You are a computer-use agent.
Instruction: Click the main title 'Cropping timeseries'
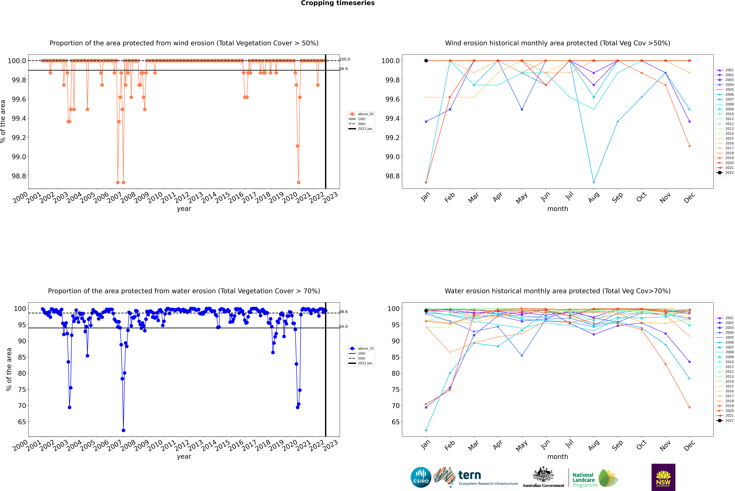click(x=337, y=3)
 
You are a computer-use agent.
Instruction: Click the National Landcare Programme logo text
click(x=583, y=480)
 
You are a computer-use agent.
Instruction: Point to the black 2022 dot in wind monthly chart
click(x=426, y=61)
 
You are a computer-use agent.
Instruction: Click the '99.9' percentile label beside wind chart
click(x=344, y=69)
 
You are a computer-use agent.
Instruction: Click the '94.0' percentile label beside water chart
click(x=344, y=327)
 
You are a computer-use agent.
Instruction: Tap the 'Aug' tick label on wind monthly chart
click(x=594, y=197)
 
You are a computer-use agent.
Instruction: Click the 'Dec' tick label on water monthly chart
click(x=689, y=445)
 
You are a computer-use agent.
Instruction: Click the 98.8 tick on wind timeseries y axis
click(x=19, y=176)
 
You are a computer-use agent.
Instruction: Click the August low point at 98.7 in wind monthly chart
click(x=594, y=182)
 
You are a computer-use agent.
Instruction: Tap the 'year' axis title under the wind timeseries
click(x=184, y=209)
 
